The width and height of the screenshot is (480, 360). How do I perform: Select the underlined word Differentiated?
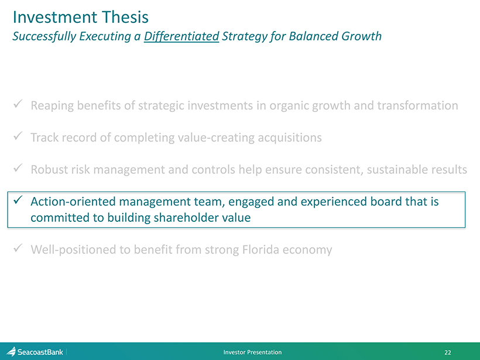coord(181,36)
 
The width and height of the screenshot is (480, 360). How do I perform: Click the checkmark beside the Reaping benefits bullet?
coord(18,104)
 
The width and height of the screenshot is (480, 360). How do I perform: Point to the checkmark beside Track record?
coord(18,136)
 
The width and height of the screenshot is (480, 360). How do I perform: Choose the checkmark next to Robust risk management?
coord(18,168)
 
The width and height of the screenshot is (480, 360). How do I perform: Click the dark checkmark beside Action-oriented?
coord(18,200)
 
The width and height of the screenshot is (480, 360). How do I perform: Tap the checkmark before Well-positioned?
coord(18,248)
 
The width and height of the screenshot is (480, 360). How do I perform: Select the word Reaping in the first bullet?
coord(52,106)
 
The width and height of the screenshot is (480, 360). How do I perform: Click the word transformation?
coord(417,105)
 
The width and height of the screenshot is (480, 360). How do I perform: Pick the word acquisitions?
coord(290,138)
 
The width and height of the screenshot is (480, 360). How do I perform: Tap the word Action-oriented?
coord(73,201)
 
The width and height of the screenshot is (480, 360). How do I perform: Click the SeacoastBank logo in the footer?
coord(35,352)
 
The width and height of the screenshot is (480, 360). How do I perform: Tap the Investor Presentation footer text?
coord(252,352)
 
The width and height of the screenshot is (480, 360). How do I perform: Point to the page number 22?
coord(448,352)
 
